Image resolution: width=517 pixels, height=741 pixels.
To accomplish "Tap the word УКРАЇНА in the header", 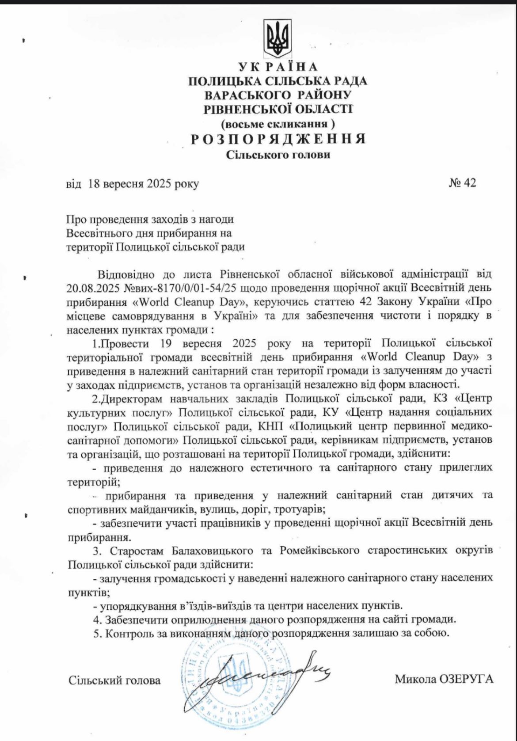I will point(278,67).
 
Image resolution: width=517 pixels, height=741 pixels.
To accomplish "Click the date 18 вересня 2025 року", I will point(144,184).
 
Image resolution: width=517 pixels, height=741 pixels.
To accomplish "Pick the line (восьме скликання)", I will point(278,123).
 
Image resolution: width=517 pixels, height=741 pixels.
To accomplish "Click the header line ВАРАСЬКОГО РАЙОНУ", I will point(278,95).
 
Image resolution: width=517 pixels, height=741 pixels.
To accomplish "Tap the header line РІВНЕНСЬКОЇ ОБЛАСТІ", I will point(278,109).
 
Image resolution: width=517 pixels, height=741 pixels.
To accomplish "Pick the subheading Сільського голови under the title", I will point(278,155).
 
